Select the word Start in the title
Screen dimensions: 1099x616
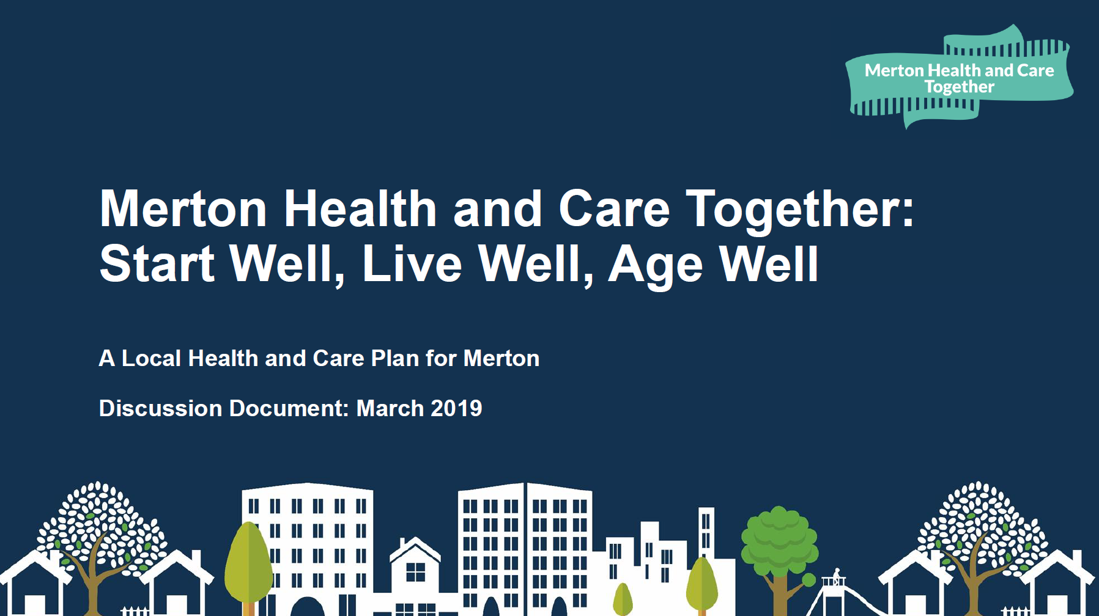pos(157,263)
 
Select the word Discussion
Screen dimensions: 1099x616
pos(160,408)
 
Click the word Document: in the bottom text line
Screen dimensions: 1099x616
pos(289,408)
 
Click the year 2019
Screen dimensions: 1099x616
pos(456,408)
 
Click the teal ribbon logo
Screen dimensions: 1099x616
pos(959,77)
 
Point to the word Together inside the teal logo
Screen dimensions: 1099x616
pos(959,87)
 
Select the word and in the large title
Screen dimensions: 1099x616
pos(497,208)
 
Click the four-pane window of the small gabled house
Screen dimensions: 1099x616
pos(415,572)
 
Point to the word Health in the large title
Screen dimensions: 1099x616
pos(360,208)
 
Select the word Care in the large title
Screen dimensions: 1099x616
pos(614,208)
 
